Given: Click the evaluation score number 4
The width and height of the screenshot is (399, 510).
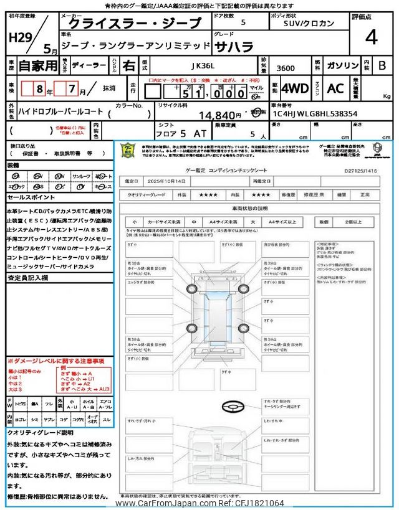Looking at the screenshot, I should click(x=371, y=39).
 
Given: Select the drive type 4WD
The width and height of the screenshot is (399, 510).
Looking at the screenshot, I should click(x=295, y=88).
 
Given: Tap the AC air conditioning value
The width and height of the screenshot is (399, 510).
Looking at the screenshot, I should click(x=335, y=88).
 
